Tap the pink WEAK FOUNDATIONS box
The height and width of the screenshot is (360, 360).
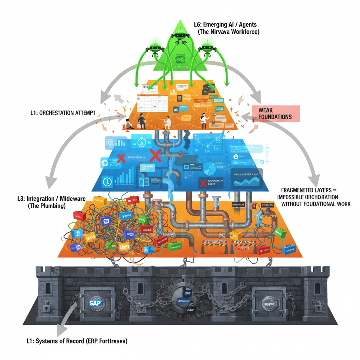coord(275,113)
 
